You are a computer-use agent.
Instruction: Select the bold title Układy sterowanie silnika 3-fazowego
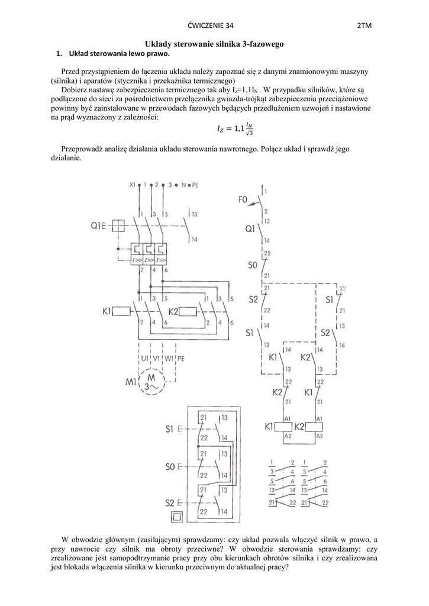[x=215, y=44]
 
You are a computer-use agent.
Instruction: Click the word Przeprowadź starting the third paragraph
[x=81, y=149]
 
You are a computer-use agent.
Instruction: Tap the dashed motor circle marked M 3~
[x=152, y=381]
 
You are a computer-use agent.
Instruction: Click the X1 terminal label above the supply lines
[x=133, y=185]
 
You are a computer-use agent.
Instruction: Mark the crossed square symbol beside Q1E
[x=118, y=225]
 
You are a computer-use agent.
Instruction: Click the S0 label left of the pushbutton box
[x=172, y=467]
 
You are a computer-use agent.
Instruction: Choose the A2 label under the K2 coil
[x=320, y=436]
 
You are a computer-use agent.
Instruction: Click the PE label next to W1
[x=181, y=359]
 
